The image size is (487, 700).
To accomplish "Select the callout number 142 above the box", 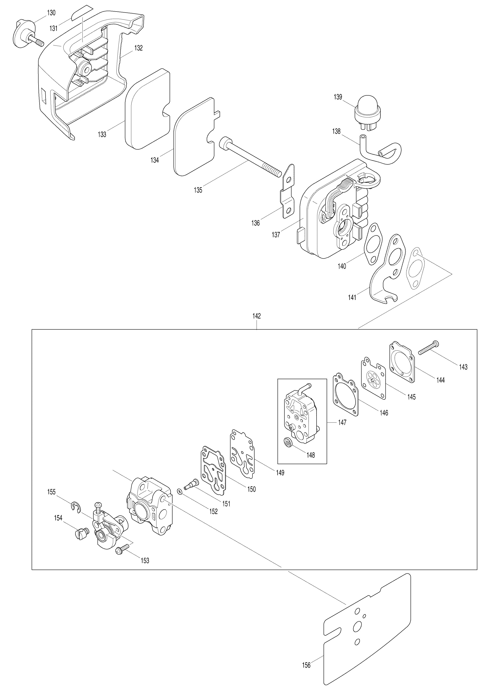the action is coord(256,316).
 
